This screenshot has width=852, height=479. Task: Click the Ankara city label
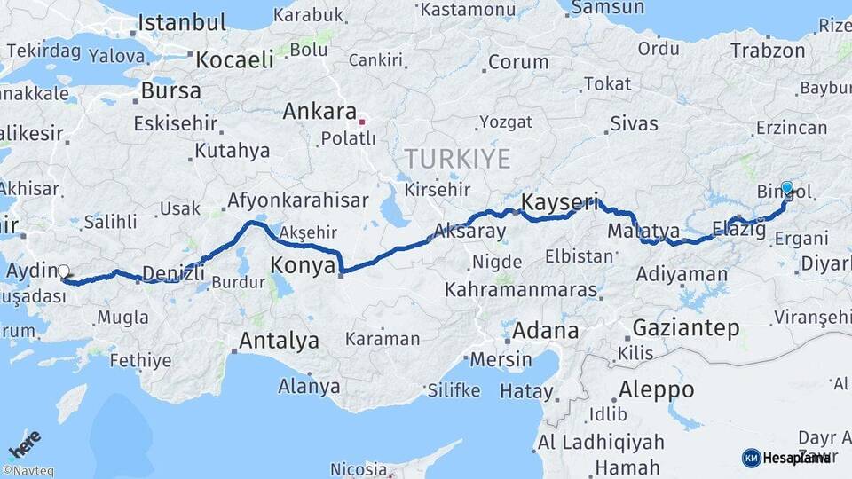(x=318, y=113)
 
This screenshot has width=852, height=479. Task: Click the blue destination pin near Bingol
(x=786, y=189)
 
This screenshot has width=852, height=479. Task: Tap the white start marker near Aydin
(x=63, y=272)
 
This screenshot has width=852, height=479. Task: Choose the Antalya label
(x=279, y=340)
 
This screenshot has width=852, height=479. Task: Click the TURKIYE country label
(x=457, y=159)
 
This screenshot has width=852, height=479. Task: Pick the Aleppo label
(x=657, y=389)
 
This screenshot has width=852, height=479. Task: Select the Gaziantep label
(x=685, y=328)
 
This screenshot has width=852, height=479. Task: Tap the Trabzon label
(x=768, y=50)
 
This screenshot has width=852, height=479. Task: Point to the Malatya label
(x=643, y=231)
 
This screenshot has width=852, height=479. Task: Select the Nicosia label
(x=358, y=468)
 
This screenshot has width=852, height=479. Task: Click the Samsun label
(x=607, y=8)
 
